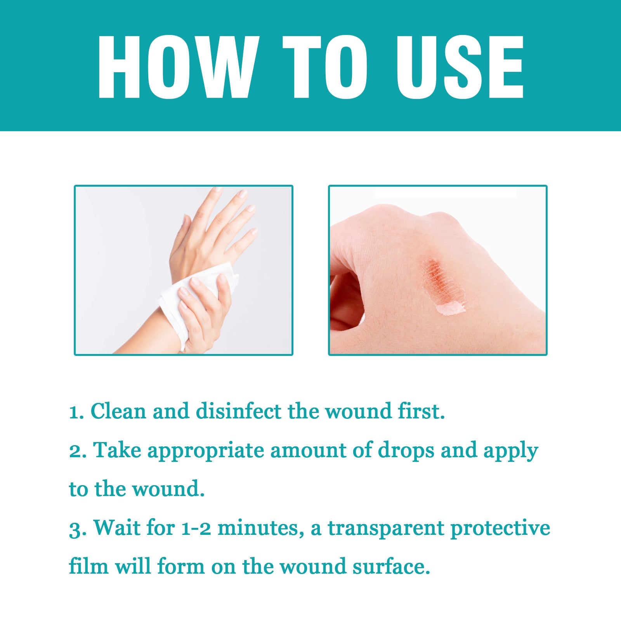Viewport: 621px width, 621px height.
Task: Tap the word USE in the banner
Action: pos(459,67)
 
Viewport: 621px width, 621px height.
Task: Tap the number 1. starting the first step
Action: pos(76,412)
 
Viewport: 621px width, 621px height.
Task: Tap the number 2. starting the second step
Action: pos(78,451)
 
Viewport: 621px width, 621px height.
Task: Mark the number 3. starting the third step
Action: pos(78,528)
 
